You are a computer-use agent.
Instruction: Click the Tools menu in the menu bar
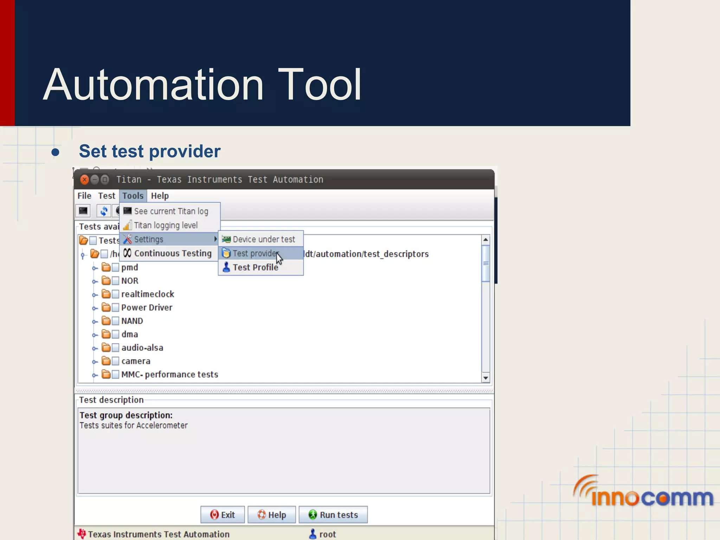[133, 196]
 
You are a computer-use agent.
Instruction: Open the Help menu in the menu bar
[160, 196]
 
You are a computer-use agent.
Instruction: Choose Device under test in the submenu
[263, 239]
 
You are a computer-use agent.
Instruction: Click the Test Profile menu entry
[255, 268]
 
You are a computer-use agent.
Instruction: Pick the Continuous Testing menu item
[172, 253]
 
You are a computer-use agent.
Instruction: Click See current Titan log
[171, 211]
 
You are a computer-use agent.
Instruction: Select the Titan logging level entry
[166, 225]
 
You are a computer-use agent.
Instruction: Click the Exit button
[223, 515]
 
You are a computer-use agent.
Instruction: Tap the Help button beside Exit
[272, 515]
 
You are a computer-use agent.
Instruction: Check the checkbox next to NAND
[115, 321]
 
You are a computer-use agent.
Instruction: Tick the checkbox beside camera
[115, 361]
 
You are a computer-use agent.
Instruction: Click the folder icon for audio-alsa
[106, 348]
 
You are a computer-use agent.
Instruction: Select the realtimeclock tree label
[148, 294]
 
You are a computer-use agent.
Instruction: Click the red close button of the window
[84, 180]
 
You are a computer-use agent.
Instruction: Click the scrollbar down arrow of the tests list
[486, 378]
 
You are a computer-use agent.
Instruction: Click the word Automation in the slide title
[153, 85]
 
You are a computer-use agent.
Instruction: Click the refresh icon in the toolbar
[104, 211]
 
